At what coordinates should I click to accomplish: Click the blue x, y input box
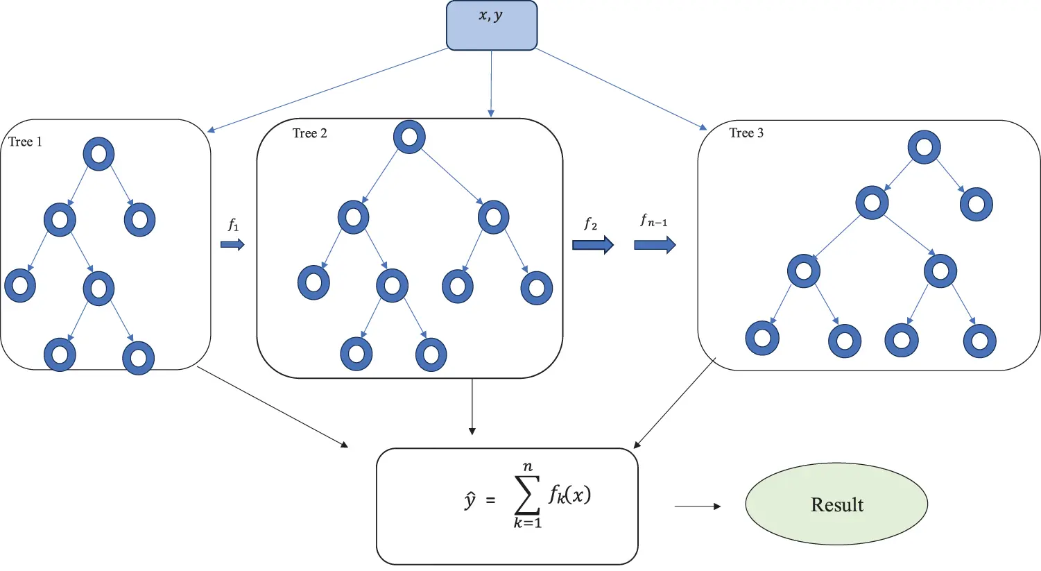point(491,25)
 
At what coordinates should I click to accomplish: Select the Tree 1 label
point(25,142)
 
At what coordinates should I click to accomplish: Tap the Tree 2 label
point(309,133)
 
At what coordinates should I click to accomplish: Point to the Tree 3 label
point(746,133)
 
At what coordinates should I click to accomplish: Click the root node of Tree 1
point(98,153)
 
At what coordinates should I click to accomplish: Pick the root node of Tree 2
point(409,137)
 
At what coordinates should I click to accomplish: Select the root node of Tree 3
point(924,147)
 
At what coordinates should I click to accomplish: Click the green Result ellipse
point(836,504)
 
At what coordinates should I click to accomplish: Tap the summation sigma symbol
point(527,495)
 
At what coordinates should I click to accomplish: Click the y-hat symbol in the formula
point(470,500)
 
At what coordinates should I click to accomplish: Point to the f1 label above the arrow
point(233,225)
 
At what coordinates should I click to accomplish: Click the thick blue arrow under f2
point(592,244)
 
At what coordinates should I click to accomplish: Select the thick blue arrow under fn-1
point(655,244)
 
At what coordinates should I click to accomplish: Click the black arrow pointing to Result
point(698,506)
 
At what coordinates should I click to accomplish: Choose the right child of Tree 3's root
point(976,204)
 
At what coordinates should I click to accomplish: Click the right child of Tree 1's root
point(139,220)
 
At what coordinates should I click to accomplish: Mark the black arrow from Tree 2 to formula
point(472,407)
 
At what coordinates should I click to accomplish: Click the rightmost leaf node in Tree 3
point(979,340)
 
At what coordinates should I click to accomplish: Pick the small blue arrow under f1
point(232,244)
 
